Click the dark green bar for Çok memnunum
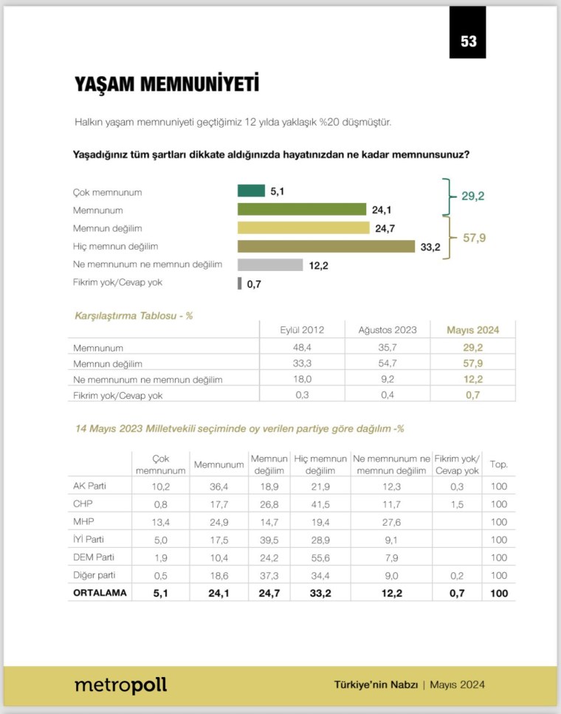[251, 191]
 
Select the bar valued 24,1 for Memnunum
[301, 210]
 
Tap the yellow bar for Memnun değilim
[303, 228]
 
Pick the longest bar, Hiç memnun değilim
[326, 247]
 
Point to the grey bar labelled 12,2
[269, 265]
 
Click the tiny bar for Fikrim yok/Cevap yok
[239, 284]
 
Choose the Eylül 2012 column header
[303, 330]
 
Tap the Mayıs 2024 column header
[473, 330]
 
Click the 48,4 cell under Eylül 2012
[303, 346]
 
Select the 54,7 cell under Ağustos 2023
[388, 363]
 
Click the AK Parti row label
[89, 485]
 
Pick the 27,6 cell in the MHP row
[391, 521]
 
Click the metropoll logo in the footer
[120, 685]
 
